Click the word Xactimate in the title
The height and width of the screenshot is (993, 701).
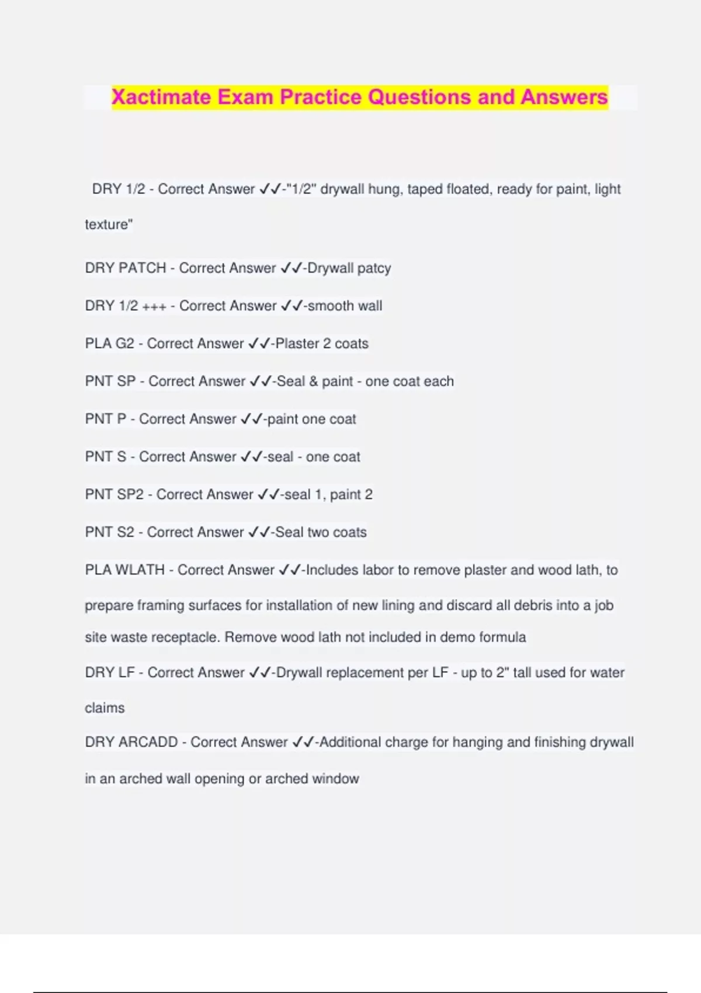161,97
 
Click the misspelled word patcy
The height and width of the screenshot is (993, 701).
373,269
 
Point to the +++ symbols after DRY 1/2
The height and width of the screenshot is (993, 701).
154,307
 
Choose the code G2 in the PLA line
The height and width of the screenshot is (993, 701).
125,343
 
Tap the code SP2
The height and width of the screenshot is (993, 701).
130,495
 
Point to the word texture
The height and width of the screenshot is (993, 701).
108,224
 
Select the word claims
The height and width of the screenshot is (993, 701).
105,708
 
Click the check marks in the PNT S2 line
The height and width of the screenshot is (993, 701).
259,532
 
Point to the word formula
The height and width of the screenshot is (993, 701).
502,637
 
